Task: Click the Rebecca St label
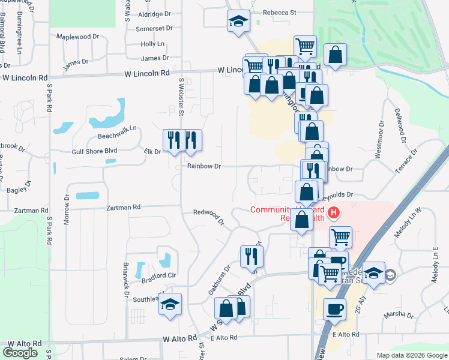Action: [280, 12]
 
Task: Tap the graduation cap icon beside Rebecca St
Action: [238, 22]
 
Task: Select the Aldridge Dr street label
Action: [155, 14]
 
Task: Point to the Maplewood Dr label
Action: [77, 37]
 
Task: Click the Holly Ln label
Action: [152, 44]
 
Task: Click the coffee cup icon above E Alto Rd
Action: [334, 309]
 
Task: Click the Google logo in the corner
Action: [20, 353]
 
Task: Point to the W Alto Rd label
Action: [179, 339]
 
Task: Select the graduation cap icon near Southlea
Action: [170, 304]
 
